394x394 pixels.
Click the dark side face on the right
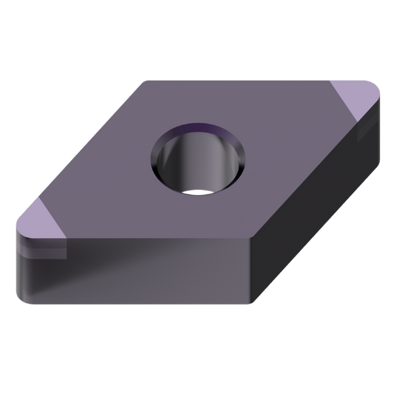[x=318, y=222]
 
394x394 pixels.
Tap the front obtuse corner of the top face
[x=248, y=238]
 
